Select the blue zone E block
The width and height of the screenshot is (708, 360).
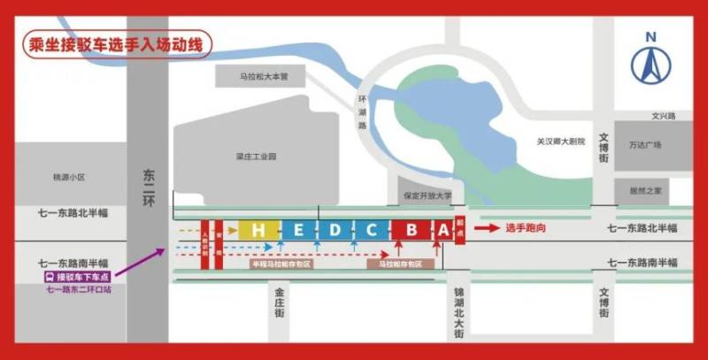tap(299, 230)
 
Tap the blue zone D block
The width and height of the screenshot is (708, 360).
tap(335, 230)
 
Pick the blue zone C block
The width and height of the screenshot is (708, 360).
tap(372, 230)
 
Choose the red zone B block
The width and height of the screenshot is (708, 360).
tap(412, 230)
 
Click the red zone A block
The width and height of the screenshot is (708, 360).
tap(442, 230)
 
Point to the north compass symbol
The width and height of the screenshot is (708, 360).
tap(650, 59)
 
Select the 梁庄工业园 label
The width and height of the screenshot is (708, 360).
tap(257, 157)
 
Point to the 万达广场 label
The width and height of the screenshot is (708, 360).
tap(645, 145)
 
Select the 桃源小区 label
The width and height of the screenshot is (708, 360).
tap(68, 177)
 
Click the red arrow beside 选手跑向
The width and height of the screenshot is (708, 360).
tap(487, 227)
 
